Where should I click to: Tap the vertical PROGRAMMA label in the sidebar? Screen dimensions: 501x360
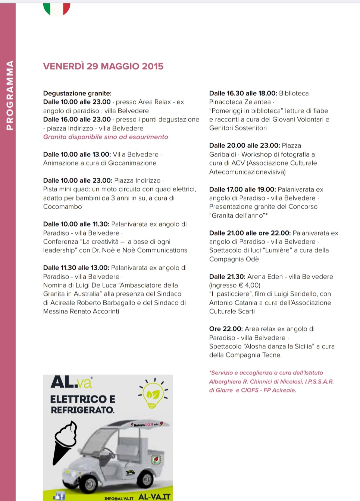point(9,95)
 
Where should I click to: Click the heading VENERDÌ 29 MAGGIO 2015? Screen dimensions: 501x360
point(103,66)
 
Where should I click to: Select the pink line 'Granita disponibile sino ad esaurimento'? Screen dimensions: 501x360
point(106,137)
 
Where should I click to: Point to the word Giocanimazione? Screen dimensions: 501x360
point(132,163)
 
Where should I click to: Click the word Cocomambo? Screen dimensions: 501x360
point(62,207)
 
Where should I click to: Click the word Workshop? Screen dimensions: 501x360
point(257,154)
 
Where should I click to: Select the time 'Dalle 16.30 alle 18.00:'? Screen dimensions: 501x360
point(243,93)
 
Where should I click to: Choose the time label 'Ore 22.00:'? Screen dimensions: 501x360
point(226,329)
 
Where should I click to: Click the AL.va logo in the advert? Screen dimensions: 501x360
point(71,382)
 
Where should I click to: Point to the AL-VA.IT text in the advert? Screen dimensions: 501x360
point(154,497)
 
